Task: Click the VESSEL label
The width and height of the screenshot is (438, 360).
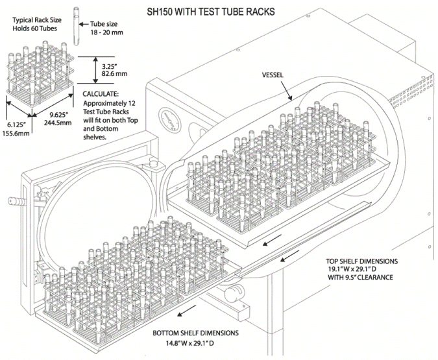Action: click(x=275, y=73)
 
